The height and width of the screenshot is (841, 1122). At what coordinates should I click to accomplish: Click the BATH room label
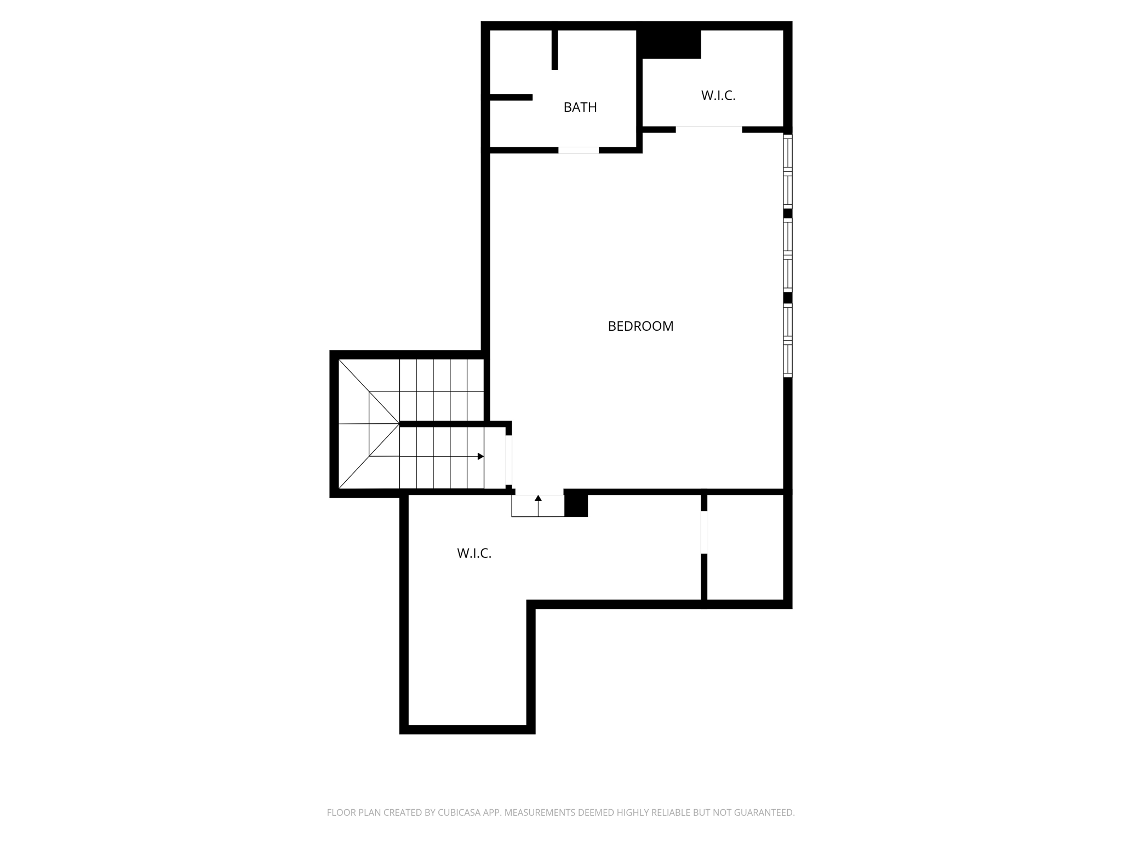pos(580,107)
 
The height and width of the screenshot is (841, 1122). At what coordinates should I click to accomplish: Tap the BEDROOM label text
pos(640,326)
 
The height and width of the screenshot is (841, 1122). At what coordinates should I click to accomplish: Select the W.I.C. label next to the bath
pos(718,96)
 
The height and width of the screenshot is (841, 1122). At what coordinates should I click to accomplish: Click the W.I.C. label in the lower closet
pos(474,554)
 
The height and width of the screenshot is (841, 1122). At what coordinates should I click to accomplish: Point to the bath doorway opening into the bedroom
pos(579,150)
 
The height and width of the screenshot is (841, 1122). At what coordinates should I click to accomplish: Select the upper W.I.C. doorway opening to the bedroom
pos(709,129)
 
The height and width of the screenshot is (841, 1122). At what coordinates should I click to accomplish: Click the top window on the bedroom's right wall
pos(788,171)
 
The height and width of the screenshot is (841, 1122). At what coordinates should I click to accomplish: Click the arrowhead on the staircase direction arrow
pos(481,456)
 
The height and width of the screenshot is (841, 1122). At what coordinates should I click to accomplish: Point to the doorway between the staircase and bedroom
pos(508,460)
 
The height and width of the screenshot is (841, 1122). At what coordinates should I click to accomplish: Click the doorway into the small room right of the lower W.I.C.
pos(704,532)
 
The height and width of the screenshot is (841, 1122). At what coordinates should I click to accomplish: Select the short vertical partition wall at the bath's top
pos(554,49)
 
